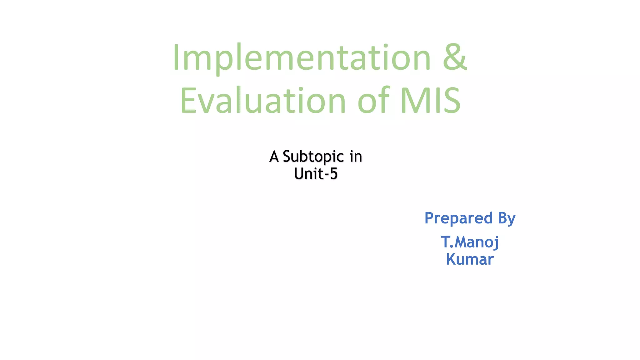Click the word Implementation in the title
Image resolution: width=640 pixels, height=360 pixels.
(302, 58)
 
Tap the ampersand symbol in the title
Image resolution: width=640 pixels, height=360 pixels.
(455, 57)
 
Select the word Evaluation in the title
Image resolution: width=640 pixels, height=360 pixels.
(263, 101)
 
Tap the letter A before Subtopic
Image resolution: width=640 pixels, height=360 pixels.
(274, 156)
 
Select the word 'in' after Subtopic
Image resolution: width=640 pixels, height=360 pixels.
(356, 156)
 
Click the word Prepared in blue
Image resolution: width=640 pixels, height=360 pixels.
(458, 218)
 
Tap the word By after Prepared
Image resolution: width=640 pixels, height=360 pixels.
(507, 218)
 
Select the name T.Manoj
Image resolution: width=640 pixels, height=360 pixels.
(470, 242)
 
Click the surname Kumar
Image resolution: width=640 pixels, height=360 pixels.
(470, 259)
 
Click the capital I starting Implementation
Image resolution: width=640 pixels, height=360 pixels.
(176, 57)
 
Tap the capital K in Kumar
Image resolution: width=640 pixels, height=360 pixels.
(451, 259)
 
